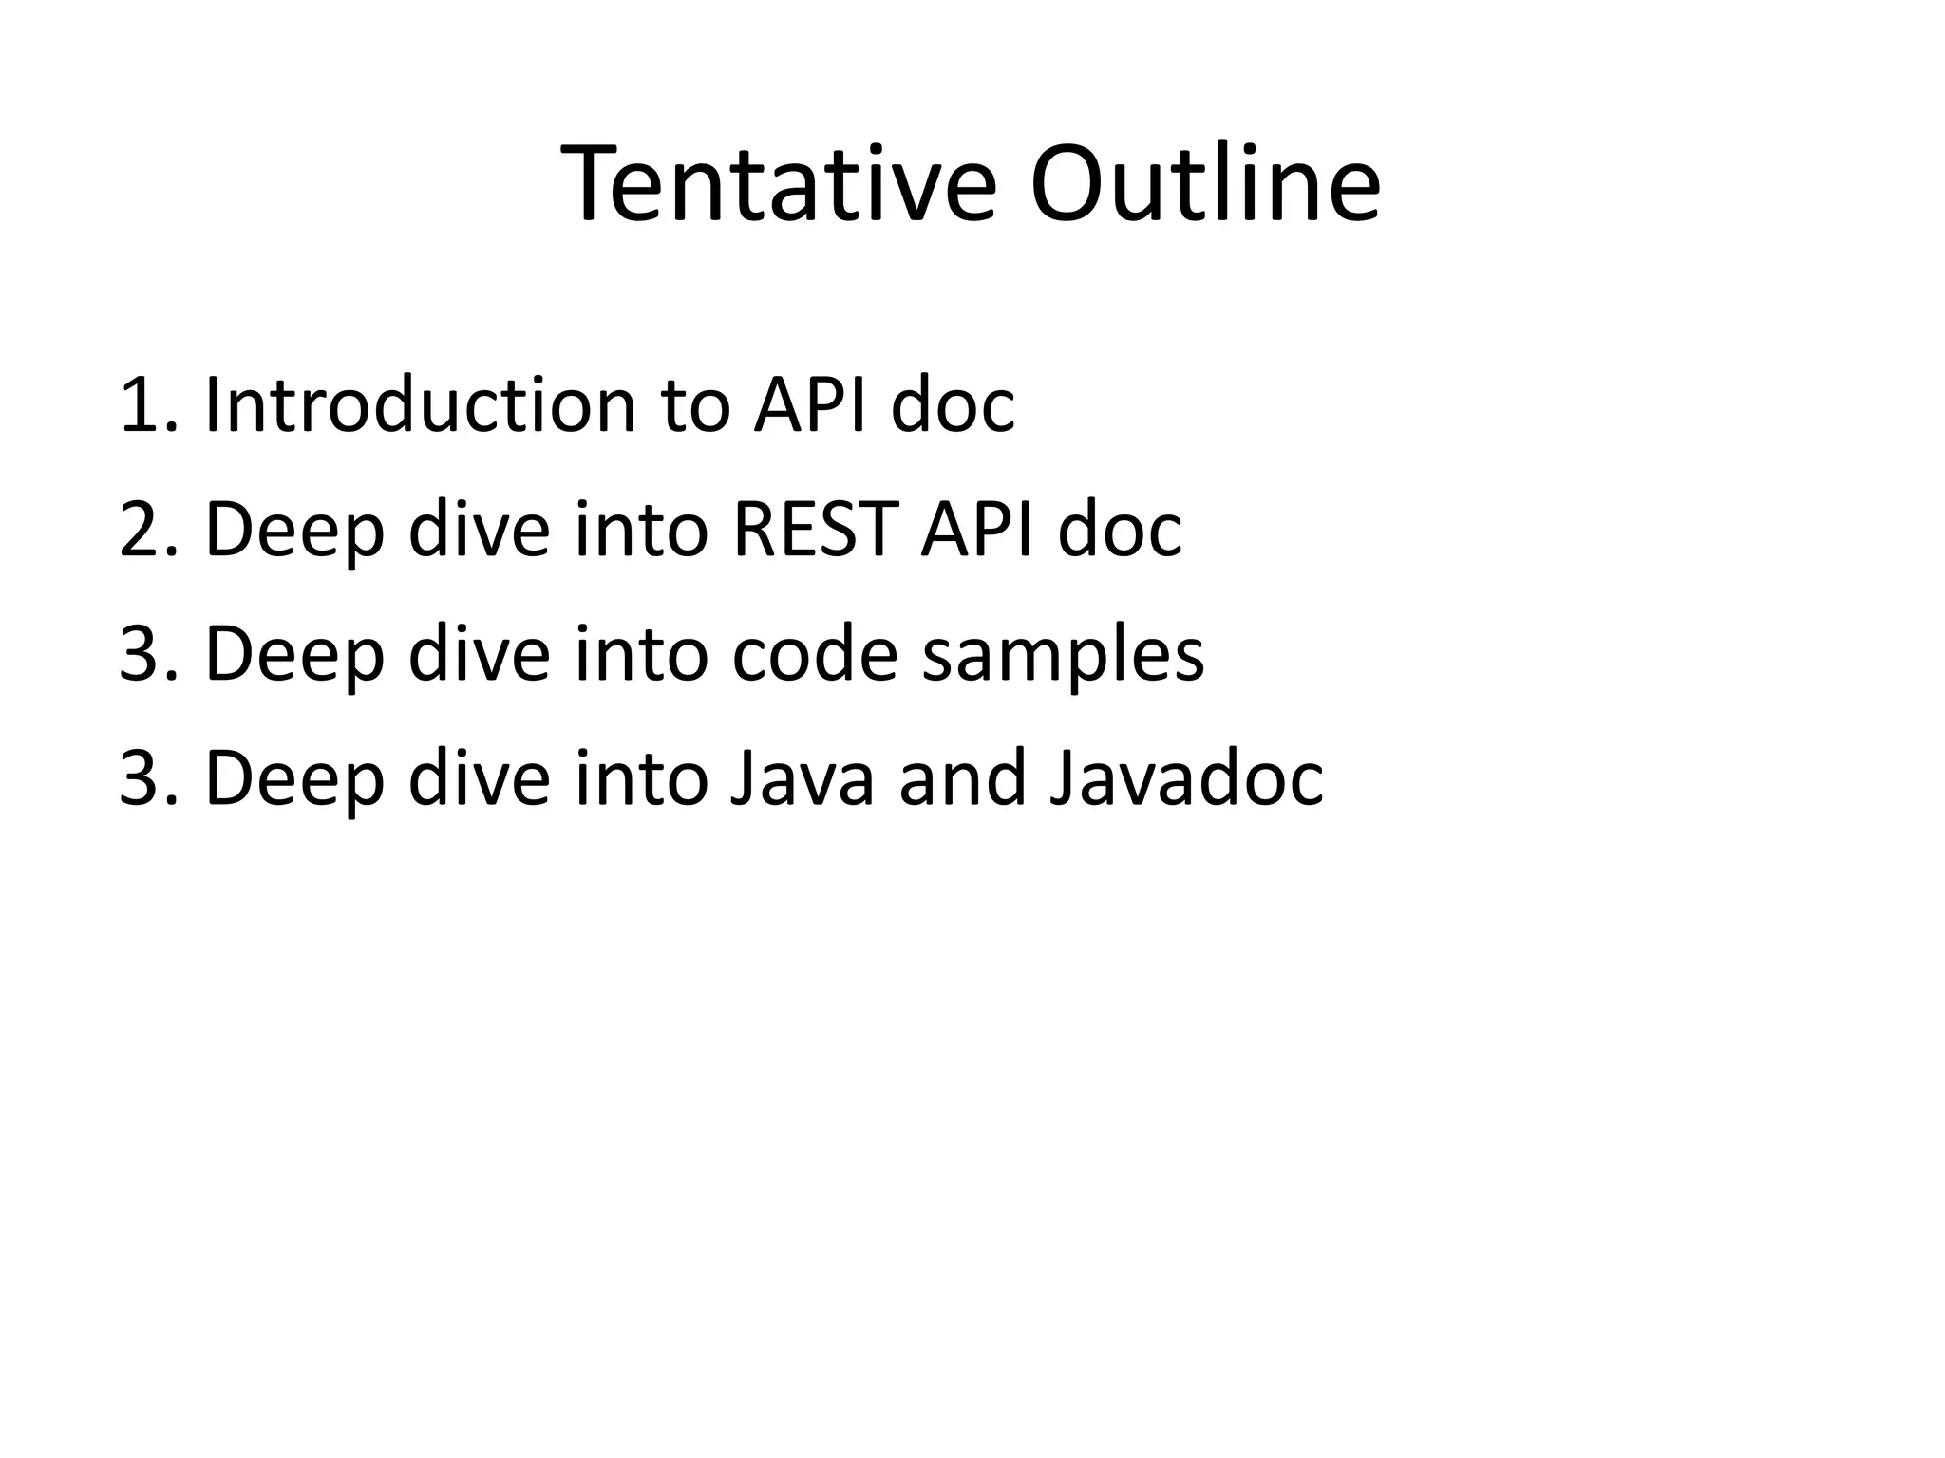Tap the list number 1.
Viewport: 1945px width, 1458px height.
pos(147,406)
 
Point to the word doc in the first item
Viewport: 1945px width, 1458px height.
pos(953,406)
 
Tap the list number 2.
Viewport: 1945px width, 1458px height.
pos(147,530)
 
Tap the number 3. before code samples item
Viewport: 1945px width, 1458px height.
pos(147,654)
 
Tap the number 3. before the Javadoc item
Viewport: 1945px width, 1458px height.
pos(147,778)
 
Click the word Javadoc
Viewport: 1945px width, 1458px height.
pos(1186,778)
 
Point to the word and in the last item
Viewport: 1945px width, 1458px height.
pos(962,778)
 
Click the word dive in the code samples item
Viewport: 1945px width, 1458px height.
pos(479,654)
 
